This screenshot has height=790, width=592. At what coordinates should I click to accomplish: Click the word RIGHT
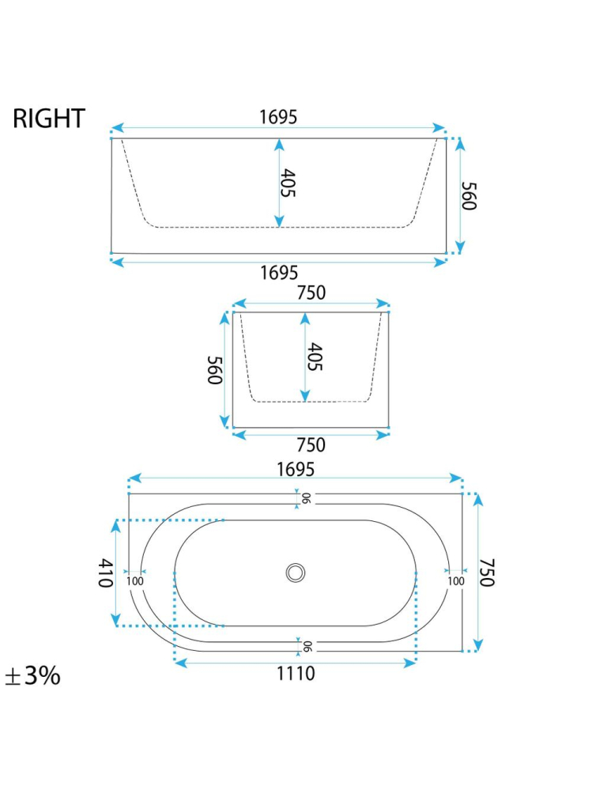pos(49,119)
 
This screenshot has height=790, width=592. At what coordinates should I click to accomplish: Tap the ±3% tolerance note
pos(32,675)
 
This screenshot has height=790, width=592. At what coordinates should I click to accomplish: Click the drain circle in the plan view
pos(296,573)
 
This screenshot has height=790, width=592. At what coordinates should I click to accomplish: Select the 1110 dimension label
pos(296,674)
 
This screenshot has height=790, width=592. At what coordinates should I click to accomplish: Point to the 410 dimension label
pos(104,573)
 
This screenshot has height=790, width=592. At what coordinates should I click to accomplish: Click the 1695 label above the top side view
pos(278,117)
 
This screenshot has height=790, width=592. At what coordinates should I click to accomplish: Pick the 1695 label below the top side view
pos(279,273)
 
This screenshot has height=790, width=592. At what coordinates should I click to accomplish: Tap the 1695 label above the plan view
pos(296,469)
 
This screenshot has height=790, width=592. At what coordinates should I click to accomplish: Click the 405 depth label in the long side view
pos(288,183)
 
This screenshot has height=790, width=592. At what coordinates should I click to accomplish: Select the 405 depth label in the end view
pos(315,357)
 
